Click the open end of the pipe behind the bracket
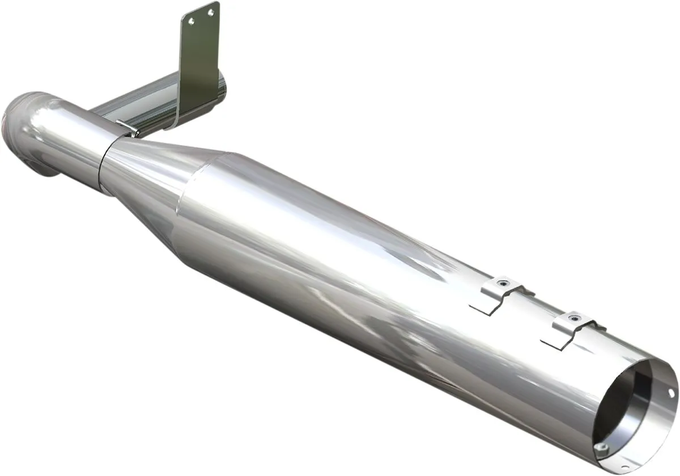click(x=222, y=88)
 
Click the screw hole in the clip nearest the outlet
click(x=575, y=318)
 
